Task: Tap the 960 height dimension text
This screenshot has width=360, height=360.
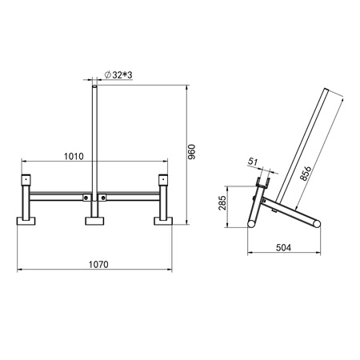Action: (x=192, y=151)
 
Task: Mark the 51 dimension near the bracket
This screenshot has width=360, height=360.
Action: (x=254, y=162)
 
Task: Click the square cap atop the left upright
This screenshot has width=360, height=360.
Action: (x=26, y=178)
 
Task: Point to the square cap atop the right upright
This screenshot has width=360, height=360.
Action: (x=165, y=178)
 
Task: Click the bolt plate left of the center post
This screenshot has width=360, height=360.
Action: (x=87, y=196)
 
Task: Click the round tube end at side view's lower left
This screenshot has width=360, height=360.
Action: (x=252, y=225)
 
